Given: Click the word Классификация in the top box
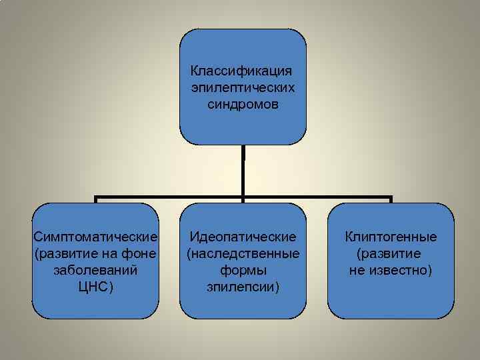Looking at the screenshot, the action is [x=243, y=70].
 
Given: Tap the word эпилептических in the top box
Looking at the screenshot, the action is [x=243, y=87].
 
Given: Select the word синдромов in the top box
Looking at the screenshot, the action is [x=243, y=105].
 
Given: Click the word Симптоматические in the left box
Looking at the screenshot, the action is [x=96, y=237].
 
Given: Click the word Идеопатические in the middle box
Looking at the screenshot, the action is [x=243, y=237].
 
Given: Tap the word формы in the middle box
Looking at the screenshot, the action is [x=243, y=271].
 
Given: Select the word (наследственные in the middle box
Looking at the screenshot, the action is [x=243, y=254].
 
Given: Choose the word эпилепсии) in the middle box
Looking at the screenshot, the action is [x=243, y=287].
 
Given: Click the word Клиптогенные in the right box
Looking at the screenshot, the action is [x=391, y=237].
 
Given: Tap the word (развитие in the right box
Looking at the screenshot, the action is [x=389, y=254].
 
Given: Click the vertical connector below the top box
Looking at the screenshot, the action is [x=243, y=170].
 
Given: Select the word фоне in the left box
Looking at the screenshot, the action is [x=141, y=254].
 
